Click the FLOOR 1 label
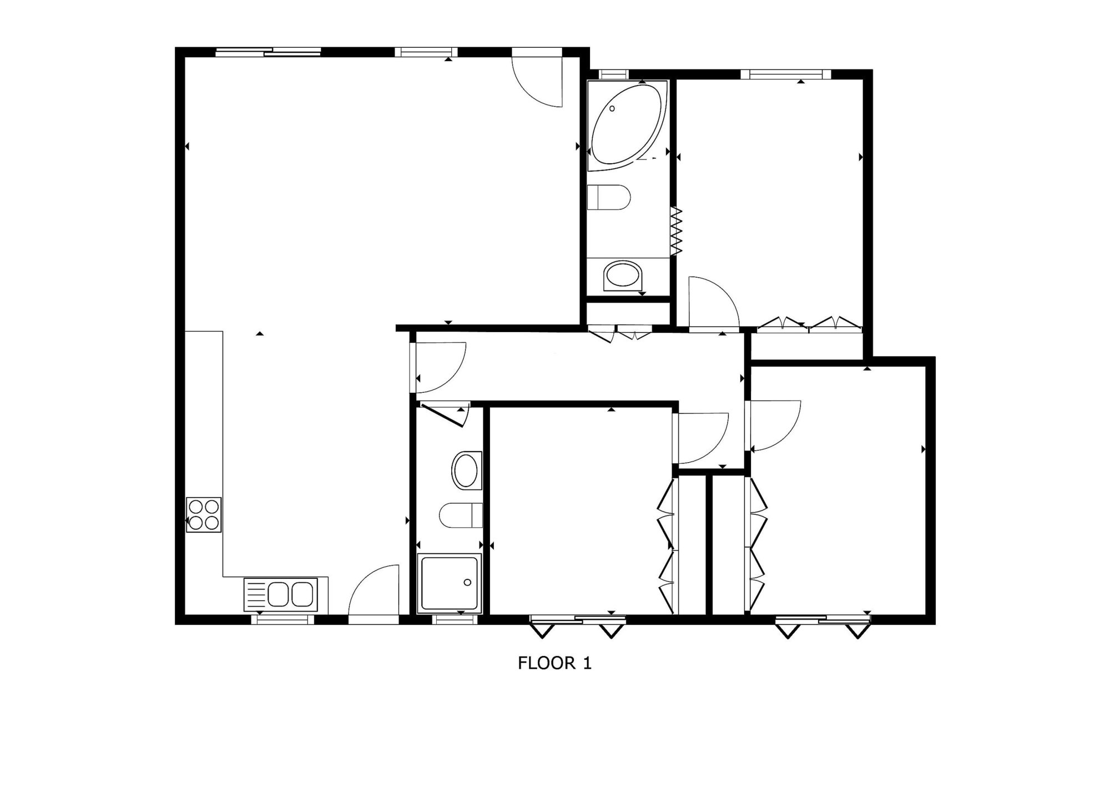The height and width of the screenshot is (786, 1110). [554, 663]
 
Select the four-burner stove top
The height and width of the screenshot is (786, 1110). [204, 515]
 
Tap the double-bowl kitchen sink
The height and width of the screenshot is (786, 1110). [281, 594]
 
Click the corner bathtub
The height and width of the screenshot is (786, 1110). [627, 124]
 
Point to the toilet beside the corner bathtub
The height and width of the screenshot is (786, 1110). [609, 197]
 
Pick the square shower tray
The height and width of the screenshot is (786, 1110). [450, 583]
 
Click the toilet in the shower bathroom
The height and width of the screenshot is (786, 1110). [461, 515]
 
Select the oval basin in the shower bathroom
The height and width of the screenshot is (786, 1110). [467, 470]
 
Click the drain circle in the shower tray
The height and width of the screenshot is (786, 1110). [467, 582]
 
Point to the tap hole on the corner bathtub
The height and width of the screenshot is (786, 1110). [612, 108]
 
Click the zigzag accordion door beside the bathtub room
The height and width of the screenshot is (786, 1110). [676, 231]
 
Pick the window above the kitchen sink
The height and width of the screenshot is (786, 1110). [283, 620]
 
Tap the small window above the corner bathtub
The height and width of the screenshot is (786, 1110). [613, 74]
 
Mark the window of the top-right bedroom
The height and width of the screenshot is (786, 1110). [785, 74]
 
